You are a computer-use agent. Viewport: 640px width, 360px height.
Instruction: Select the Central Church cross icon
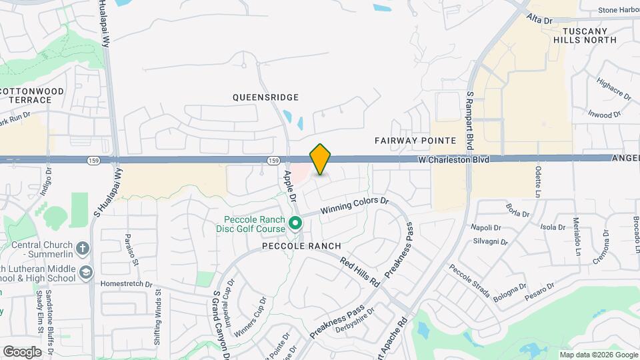click(82, 249)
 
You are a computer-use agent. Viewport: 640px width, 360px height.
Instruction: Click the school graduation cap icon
click(86, 272)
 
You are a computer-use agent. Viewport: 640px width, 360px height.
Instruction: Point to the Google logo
click(22, 351)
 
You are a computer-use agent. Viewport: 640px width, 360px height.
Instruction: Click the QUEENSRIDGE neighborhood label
click(265, 97)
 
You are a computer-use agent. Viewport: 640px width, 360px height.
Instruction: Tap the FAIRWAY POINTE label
click(415, 141)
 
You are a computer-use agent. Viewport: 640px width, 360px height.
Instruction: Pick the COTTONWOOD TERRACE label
click(32, 95)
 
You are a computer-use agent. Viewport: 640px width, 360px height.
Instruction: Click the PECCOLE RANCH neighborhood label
click(306, 246)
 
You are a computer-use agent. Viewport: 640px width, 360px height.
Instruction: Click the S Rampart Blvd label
click(470, 120)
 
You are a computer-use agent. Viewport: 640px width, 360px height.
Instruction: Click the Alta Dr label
click(539, 20)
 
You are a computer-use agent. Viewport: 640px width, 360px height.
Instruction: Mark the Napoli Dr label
click(485, 228)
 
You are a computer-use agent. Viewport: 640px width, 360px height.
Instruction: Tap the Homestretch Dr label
click(123, 283)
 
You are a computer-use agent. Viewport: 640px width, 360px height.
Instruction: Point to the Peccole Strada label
click(469, 281)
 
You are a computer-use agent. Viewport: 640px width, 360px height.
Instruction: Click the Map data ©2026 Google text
click(597, 355)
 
